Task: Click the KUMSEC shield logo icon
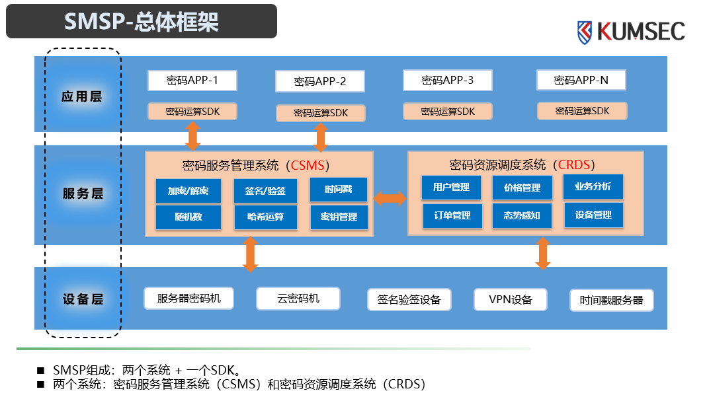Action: [x=585, y=32]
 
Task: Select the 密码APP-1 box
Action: [x=192, y=81]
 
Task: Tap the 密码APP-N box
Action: [x=581, y=81]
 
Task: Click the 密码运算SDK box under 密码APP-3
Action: [x=448, y=112]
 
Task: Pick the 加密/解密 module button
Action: [x=188, y=191]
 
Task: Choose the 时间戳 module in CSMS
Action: [x=339, y=190]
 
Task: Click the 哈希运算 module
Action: [x=265, y=217]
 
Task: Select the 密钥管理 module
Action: [x=339, y=217]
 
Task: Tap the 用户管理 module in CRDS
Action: [x=452, y=187]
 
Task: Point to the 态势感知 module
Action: [x=522, y=215]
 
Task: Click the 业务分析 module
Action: [x=593, y=186]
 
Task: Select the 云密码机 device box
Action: [x=298, y=299]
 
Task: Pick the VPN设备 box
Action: [x=511, y=300]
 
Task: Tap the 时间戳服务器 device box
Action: [x=612, y=301]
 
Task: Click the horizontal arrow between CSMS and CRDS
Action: [x=390, y=198]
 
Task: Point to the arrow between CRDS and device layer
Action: [x=543, y=253]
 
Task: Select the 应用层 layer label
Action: [x=82, y=96]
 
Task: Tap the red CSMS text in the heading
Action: [x=308, y=164]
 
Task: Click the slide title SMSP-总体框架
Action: [x=142, y=22]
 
